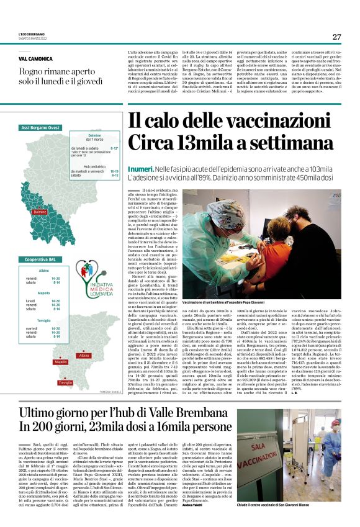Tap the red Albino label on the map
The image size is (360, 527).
pyautogui.click(x=84, y=356)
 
